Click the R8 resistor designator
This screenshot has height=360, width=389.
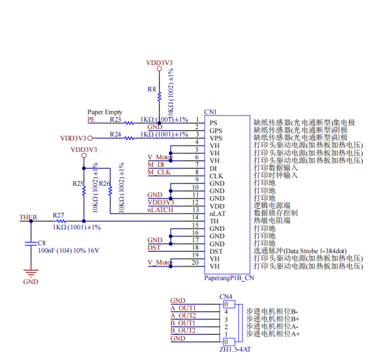[152, 89]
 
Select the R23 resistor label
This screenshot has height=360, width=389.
[116, 119]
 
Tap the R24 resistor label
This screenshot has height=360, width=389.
[116, 135]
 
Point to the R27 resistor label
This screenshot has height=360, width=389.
[58, 215]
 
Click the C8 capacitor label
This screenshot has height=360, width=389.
[42, 243]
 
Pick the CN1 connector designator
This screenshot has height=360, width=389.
[210, 112]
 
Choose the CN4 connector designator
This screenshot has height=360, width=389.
[226, 297]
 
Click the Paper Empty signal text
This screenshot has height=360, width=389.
[104, 112]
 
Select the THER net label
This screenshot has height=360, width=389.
[29, 217]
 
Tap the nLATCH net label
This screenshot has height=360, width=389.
[160, 210]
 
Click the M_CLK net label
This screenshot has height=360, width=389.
[159, 172]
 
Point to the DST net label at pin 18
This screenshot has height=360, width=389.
[154, 247]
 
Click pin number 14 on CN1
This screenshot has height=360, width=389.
[195, 217]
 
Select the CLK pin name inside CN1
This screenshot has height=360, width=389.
[216, 176]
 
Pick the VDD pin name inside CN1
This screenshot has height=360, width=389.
[217, 206]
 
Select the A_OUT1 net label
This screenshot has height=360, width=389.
[183, 308]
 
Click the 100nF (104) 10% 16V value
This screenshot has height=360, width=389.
[68, 251]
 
